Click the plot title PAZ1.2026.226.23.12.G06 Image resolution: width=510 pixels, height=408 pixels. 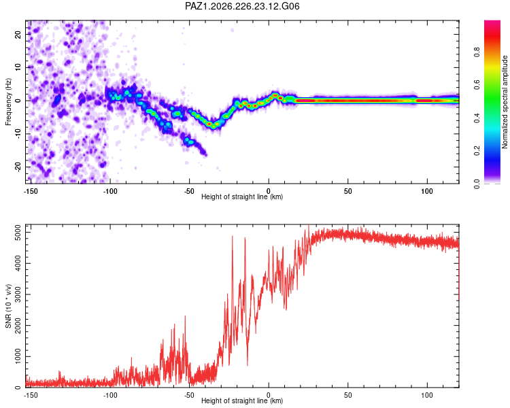[242, 6]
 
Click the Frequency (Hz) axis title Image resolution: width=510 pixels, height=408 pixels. [8, 102]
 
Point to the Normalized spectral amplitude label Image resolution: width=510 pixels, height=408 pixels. [505, 102]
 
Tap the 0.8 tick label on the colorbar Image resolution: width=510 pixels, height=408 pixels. [477, 52]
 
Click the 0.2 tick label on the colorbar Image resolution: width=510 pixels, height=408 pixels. [477, 151]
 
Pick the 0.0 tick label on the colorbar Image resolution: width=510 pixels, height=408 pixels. [477, 184]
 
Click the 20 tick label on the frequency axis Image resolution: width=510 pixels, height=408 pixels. [18, 34]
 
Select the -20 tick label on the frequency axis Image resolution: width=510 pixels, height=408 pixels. [18, 167]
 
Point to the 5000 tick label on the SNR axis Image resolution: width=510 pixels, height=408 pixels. [18, 233]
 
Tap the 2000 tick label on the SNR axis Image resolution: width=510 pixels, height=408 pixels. [18, 325]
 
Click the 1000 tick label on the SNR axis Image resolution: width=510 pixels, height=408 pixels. [18, 356]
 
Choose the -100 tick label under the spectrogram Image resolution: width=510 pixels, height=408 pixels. [110, 191]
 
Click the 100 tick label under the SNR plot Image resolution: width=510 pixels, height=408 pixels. [427, 395]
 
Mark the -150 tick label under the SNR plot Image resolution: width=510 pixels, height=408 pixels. [31, 395]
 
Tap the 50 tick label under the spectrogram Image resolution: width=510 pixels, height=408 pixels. [347, 191]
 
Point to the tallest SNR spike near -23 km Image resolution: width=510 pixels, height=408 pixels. [233, 237]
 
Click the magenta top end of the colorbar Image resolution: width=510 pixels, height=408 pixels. [492, 22]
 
